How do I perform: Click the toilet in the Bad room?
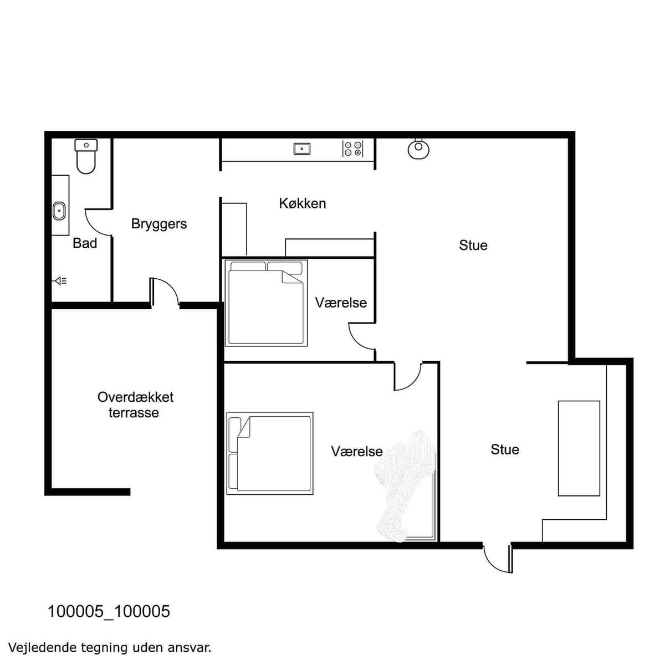(x=86, y=156)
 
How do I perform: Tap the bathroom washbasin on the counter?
(x=59, y=211)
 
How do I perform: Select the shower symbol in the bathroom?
(x=60, y=282)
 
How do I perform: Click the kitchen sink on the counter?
(x=302, y=149)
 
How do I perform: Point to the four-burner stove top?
(x=353, y=149)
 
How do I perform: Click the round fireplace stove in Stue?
(x=418, y=149)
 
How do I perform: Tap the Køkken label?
(x=303, y=203)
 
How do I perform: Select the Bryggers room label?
(x=158, y=224)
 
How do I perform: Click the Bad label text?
(x=85, y=243)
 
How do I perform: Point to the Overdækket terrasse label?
(x=135, y=405)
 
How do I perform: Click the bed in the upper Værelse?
(x=266, y=303)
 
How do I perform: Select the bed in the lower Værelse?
(x=270, y=453)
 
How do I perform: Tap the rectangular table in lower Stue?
(x=579, y=449)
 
